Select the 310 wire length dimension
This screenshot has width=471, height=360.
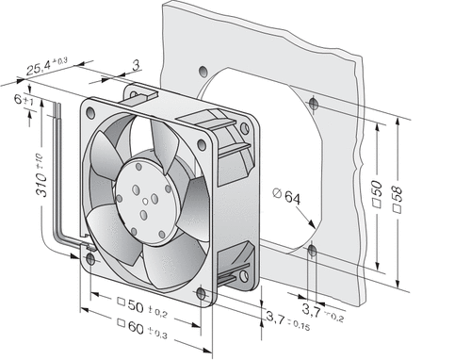click(42, 175)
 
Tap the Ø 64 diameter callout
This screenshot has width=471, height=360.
click(286, 196)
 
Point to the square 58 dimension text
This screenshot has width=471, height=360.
click(398, 200)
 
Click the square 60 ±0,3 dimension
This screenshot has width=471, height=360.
click(142, 329)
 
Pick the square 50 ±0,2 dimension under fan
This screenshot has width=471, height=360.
click(142, 307)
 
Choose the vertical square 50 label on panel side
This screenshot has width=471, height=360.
click(377, 194)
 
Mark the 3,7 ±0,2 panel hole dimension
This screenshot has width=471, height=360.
click(323, 313)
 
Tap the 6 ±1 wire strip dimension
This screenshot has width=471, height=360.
click(24, 100)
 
